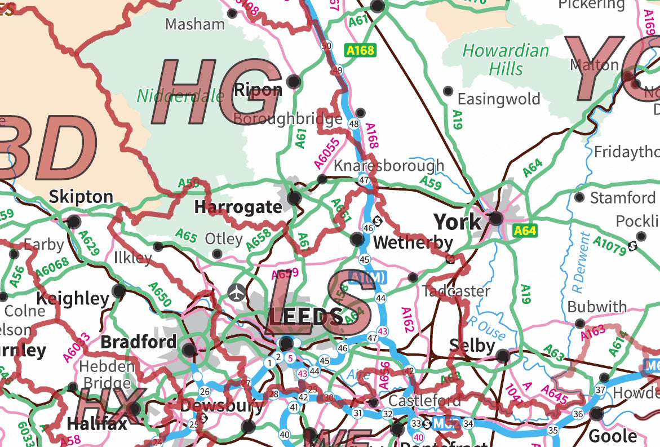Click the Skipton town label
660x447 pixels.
81,197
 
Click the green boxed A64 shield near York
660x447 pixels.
525,231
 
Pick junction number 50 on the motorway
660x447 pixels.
326,46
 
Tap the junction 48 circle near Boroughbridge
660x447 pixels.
354,123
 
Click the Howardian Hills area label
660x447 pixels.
506,60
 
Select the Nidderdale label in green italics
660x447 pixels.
180,96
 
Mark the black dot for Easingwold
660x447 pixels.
448,91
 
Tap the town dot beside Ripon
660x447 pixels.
293,82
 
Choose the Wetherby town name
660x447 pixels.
413,243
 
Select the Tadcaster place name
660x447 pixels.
457,291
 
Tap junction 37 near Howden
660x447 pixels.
600,391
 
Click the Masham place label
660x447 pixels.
195,24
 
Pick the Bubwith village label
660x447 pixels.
597,307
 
